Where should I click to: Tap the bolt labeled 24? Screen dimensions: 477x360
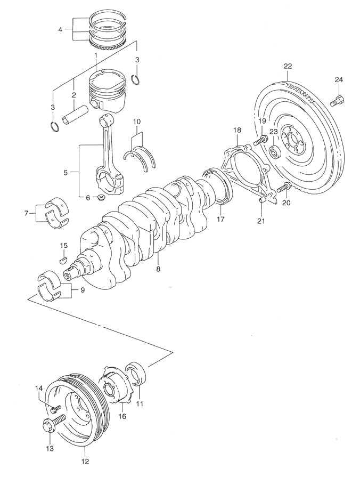(338, 99)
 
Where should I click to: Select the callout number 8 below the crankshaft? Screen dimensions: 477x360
(158, 270)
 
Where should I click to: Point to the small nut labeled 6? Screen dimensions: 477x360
(100, 199)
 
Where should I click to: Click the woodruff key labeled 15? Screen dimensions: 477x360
(62, 261)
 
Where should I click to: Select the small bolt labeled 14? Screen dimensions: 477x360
(55, 408)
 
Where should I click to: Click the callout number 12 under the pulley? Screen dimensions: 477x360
(85, 462)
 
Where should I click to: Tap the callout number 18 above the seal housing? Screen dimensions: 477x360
(237, 131)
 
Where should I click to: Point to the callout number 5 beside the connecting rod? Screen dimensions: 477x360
(65, 173)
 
